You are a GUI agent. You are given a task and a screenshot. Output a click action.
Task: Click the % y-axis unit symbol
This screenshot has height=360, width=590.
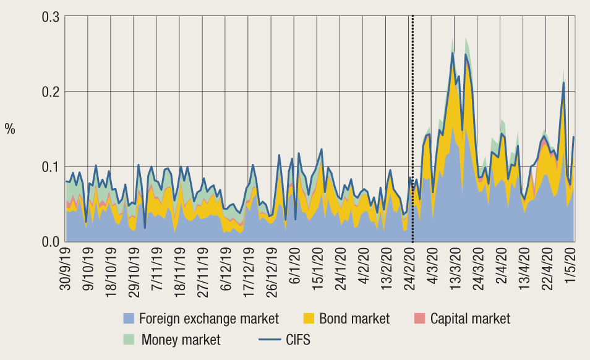click(10, 129)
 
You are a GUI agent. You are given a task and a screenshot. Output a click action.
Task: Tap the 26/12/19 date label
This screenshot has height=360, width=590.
click(272, 270)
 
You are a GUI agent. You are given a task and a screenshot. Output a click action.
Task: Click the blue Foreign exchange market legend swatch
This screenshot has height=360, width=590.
click(129, 319)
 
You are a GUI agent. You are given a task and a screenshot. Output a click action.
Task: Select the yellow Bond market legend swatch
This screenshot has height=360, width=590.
click(309, 319)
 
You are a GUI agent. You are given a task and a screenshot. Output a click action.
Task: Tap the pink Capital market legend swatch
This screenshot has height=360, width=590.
click(420, 319)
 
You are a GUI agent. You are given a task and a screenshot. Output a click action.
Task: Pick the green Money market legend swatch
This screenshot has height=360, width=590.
click(129, 340)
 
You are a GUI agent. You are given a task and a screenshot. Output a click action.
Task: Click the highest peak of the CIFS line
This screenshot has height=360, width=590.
click(453, 53)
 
